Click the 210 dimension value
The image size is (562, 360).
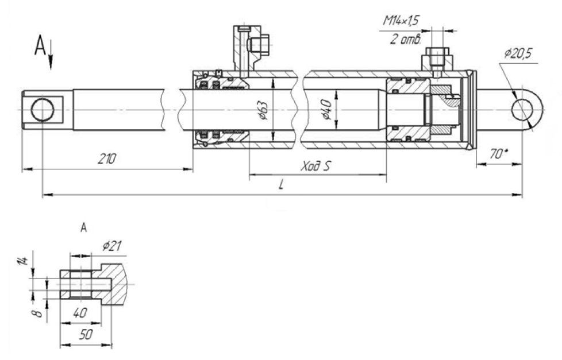tap(107, 158)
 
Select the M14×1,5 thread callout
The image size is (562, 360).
tap(401, 21)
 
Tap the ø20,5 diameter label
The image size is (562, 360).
tap(518, 53)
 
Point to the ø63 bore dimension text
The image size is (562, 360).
tap(264, 110)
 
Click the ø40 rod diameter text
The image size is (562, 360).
tap(327, 110)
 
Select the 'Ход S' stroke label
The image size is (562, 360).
tap(316, 166)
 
